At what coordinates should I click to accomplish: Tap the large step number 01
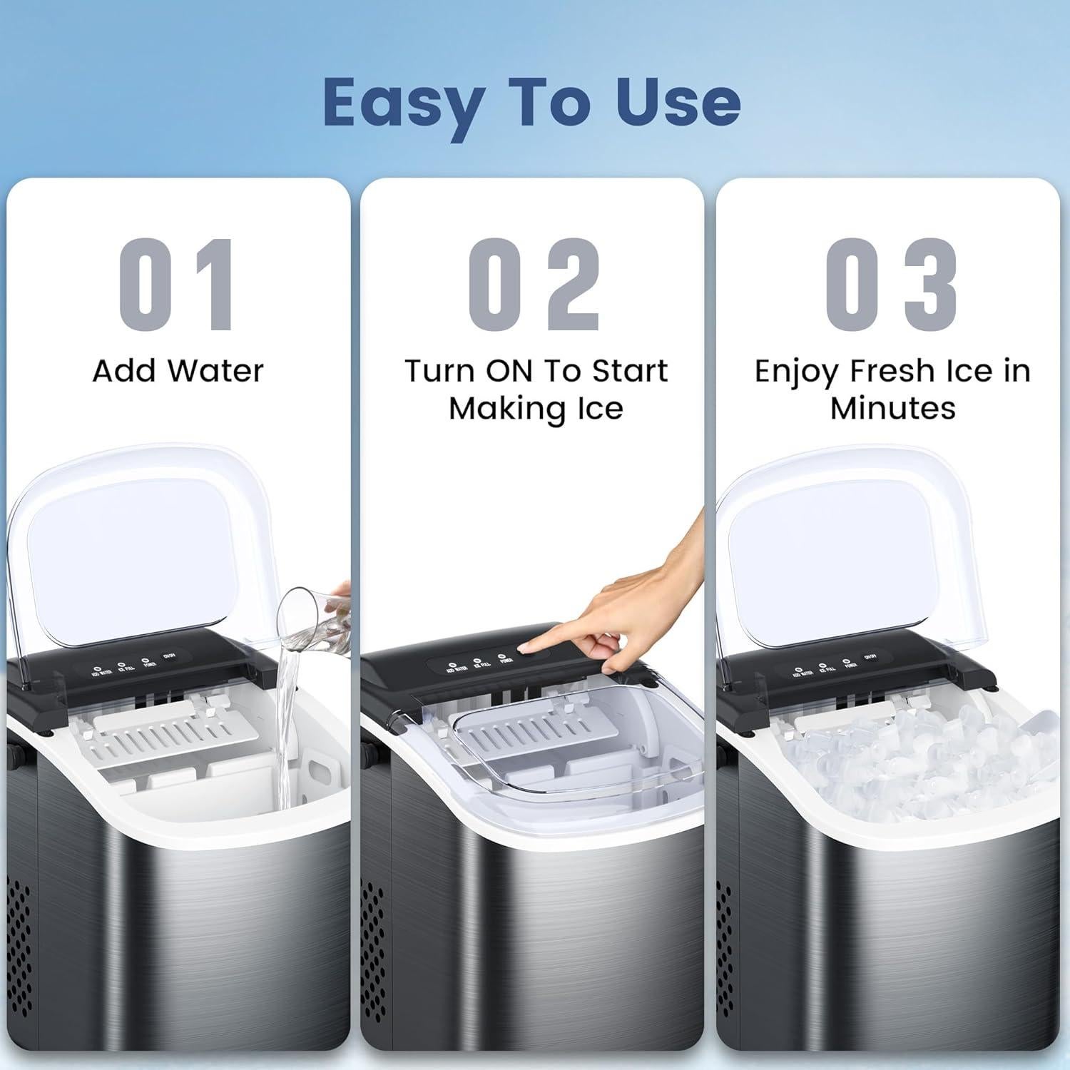(x=177, y=285)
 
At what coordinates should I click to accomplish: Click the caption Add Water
(x=178, y=371)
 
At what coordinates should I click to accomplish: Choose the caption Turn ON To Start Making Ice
(x=536, y=389)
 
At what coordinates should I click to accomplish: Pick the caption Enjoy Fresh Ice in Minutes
(x=892, y=389)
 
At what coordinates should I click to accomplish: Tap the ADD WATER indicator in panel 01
(x=101, y=670)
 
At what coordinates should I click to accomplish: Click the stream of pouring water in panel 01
(x=287, y=713)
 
